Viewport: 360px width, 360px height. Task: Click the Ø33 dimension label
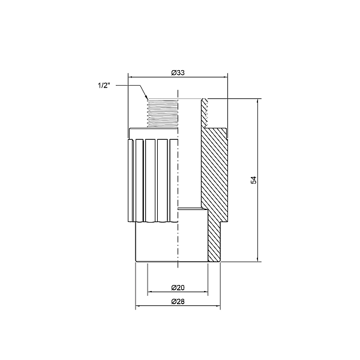pos(177,73)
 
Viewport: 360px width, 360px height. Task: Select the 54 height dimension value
pos(254,181)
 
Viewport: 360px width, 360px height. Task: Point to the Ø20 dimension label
pos(177,287)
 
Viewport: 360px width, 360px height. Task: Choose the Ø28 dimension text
pos(177,302)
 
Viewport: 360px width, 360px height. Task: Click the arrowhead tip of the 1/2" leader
pos(148,100)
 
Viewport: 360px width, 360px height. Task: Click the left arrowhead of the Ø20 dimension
pos(150,292)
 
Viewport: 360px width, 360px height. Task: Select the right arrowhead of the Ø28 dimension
pos(219,307)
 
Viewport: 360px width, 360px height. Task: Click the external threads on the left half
pos(162,113)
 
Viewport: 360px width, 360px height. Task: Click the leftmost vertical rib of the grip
pos(133,180)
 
